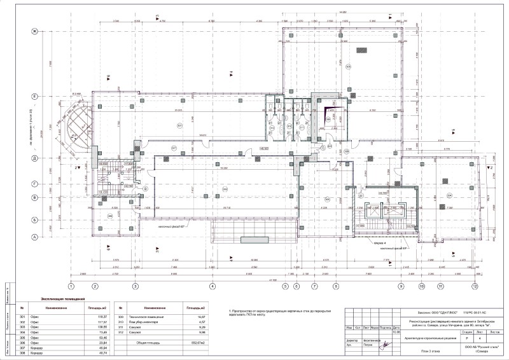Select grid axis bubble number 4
(213, 286)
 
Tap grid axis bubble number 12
(475, 286)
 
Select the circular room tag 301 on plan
(180, 126)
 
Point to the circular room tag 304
(449, 195)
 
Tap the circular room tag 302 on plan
(173, 148)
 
